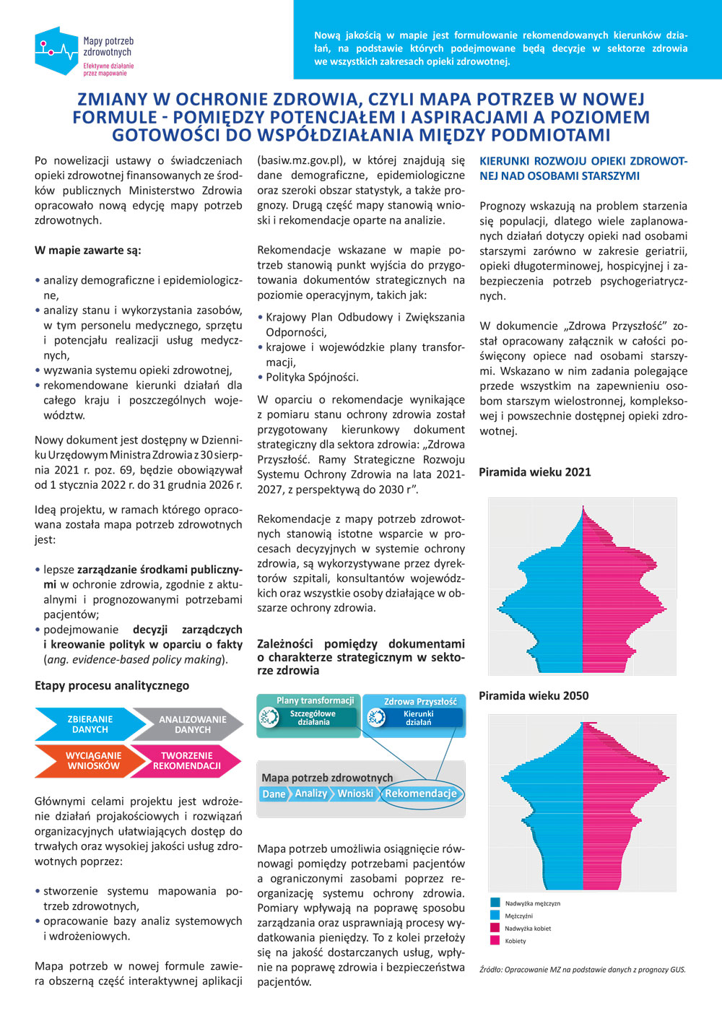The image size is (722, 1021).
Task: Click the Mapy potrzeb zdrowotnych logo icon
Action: coord(56,51)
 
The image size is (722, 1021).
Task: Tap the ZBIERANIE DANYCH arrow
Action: coord(90,724)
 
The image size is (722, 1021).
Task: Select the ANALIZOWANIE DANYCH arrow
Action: coord(192,724)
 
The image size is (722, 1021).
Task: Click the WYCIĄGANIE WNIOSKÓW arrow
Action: coord(93,761)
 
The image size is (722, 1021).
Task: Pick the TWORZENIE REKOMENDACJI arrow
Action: coord(186,761)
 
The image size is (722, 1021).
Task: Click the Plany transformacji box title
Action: coord(315,700)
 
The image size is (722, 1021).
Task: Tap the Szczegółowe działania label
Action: coord(313,718)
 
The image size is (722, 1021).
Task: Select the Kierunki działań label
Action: coord(419,718)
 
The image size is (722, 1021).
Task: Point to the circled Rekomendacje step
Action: coord(420,794)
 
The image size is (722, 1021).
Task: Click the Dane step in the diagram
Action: coord(274,794)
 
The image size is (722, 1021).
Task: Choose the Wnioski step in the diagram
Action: coord(355,794)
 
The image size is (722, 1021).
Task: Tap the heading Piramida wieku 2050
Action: coord(534,696)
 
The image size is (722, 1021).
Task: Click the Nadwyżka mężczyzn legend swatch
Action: coord(495,903)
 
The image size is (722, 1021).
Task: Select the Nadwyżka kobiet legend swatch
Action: coord(495,928)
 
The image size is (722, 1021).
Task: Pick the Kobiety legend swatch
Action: coord(495,940)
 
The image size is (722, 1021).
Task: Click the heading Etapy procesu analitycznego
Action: coord(112,686)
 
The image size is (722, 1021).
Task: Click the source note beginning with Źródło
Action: coord(582,970)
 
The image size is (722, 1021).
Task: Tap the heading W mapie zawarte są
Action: coord(88,251)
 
